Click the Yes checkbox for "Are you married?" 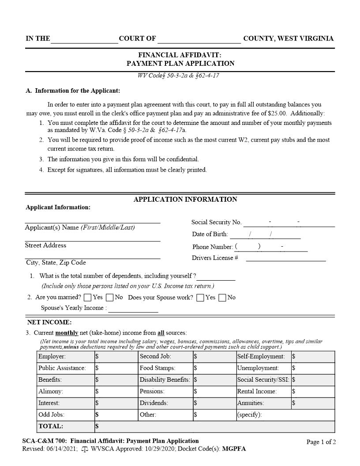(87, 298)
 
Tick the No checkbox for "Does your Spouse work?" (222, 298)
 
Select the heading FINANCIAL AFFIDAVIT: (180, 55)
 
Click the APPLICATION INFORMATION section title (185, 199)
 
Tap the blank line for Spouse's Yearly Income (133, 308)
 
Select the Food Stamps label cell (157, 368)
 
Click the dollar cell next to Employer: (116, 357)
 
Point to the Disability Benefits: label (165, 380)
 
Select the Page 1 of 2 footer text (321, 442)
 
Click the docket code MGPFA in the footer (234, 449)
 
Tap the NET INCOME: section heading (50, 323)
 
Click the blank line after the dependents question (216, 277)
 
